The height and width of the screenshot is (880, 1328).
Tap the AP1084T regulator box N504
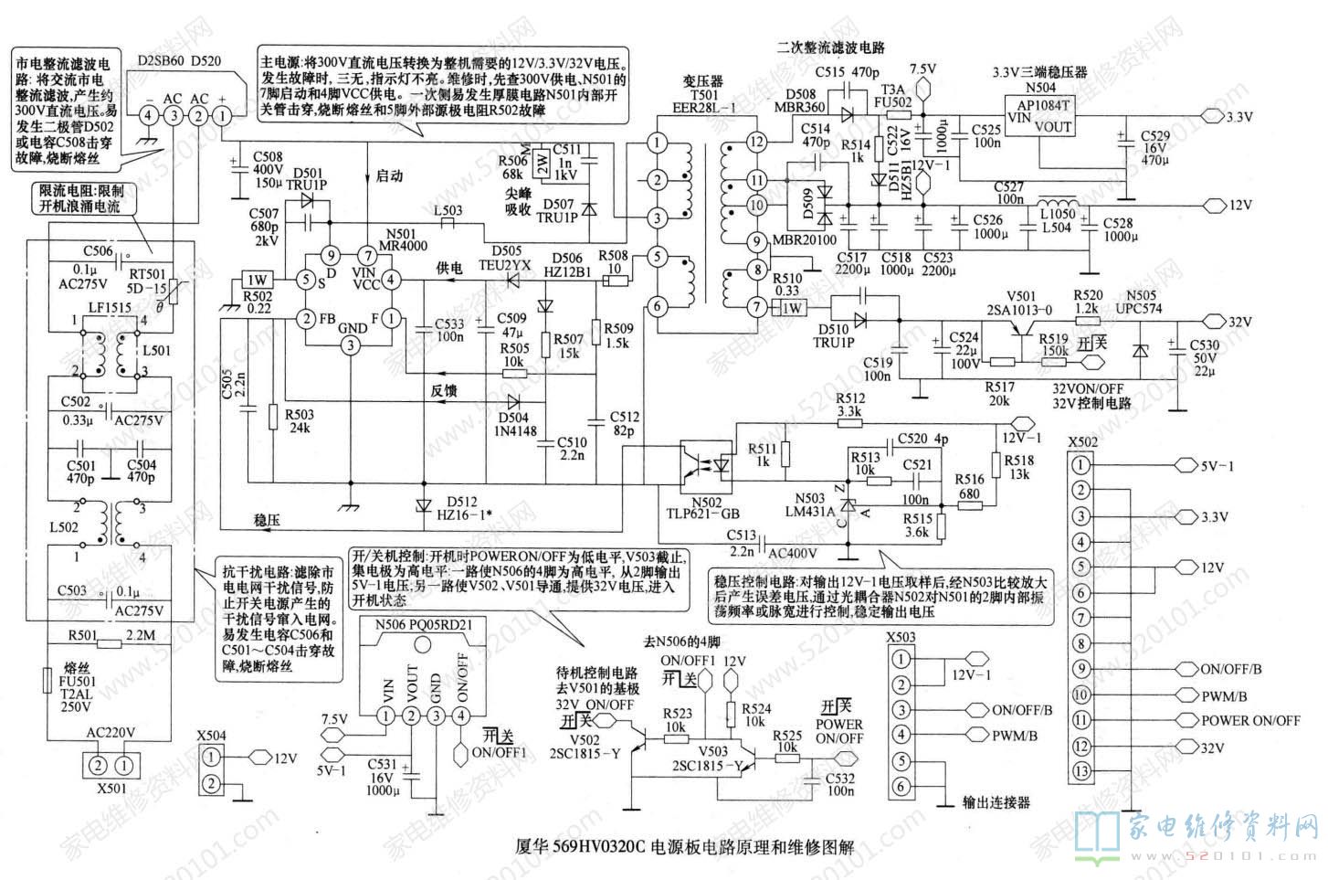tap(1038, 117)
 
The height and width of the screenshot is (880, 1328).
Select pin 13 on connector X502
tap(1080, 771)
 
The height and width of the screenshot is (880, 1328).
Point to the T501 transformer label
tap(702, 94)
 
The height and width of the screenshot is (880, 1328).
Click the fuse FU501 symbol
tap(47, 682)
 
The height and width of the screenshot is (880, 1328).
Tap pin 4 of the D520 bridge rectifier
tap(147, 114)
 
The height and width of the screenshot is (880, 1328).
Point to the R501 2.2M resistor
tap(109, 642)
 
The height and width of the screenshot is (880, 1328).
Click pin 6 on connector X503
tap(901, 787)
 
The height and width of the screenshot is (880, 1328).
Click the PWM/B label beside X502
tap(1223, 695)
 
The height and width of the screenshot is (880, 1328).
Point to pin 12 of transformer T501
tap(754, 142)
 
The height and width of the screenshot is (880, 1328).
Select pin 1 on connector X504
tap(212, 757)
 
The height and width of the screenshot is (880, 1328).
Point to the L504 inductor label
tap(1055, 227)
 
